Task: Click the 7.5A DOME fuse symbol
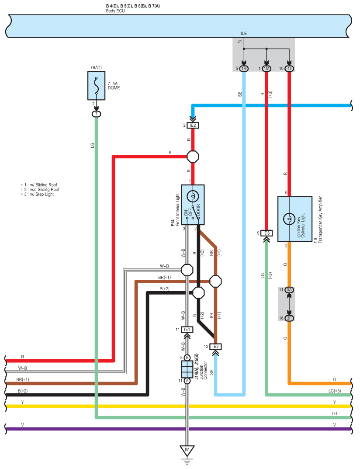coord(96,86)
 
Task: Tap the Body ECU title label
coord(115,11)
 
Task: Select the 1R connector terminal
coord(244,69)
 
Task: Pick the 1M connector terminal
coord(267,69)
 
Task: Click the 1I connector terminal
coord(289,69)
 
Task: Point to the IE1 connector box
coord(187,330)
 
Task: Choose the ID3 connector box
coord(267,233)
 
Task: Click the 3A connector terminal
coord(289,290)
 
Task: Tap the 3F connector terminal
coord(289,318)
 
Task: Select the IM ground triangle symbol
coord(187,451)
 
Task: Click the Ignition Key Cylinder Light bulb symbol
coord(289,219)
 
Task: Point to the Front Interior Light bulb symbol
coord(193,197)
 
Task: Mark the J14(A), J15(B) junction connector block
coord(187,369)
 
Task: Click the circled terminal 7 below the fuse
coord(96,114)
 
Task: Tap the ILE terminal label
coord(244,34)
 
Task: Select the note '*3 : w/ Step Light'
coord(38,195)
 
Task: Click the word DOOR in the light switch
coord(198,210)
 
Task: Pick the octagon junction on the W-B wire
coord(187,270)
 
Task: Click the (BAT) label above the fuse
coord(96,68)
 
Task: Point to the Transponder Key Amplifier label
coord(321,219)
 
